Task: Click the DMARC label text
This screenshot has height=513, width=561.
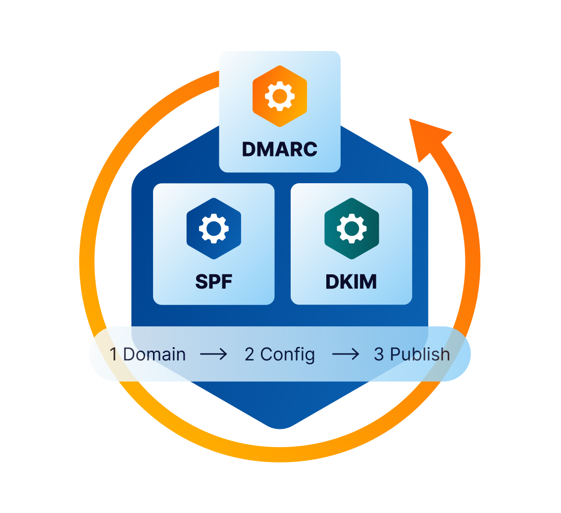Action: click(280, 149)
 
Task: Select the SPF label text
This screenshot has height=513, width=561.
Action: click(214, 281)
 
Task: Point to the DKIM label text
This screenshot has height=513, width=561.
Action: click(351, 281)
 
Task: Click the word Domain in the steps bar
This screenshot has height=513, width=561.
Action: click(154, 355)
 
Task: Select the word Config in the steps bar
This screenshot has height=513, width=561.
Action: click(288, 355)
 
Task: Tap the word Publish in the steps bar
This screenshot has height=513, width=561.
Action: click(420, 355)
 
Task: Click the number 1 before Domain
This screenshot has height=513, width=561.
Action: click(114, 355)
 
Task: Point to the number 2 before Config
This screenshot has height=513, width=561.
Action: click(250, 355)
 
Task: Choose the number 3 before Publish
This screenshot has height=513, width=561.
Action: click(379, 355)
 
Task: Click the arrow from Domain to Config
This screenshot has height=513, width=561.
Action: click(213, 355)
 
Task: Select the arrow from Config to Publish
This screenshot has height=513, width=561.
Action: click(345, 355)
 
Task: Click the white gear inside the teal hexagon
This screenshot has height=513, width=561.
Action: click(352, 228)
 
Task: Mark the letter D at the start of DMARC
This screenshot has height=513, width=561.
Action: click(249, 149)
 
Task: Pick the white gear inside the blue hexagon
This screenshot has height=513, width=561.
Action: click(214, 228)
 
